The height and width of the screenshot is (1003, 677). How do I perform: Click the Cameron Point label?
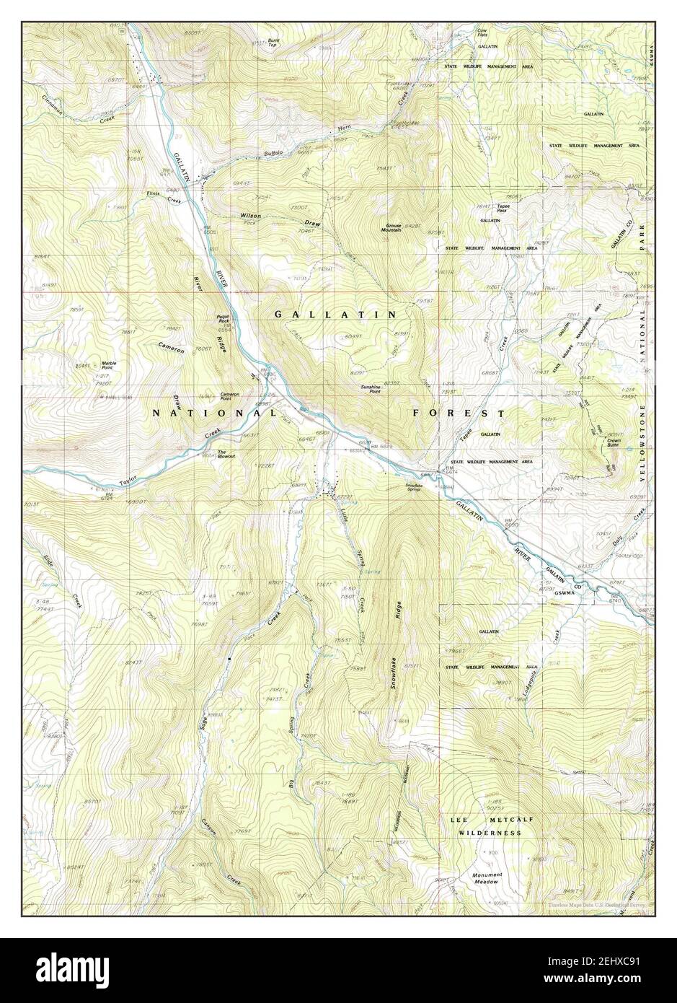click(x=229, y=395)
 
